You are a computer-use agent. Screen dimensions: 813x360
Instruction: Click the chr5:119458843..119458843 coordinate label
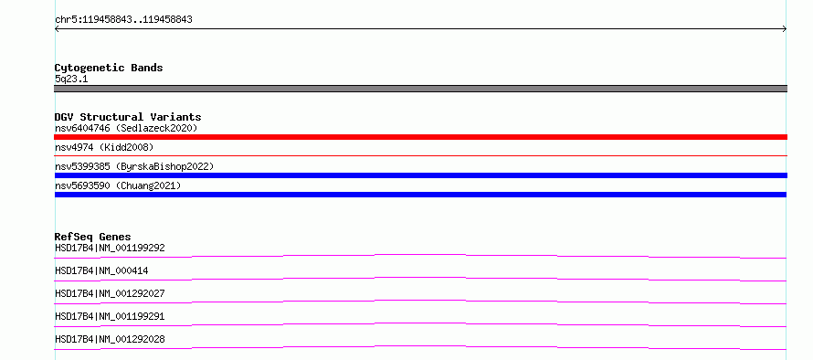pyautogui.click(x=123, y=20)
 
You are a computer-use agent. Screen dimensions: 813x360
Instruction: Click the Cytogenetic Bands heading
pyautogui.click(x=109, y=68)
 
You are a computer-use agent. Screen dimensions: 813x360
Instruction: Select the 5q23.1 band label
pyautogui.click(x=71, y=79)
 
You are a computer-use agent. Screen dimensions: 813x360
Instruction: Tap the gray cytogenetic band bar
pyautogui.click(x=420, y=89)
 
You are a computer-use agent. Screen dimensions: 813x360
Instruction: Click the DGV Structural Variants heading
pyautogui.click(x=128, y=117)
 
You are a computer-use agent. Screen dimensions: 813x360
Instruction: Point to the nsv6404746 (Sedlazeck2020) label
pyautogui.click(x=126, y=128)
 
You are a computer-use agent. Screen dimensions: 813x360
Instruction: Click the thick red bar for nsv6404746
pyautogui.click(x=420, y=137)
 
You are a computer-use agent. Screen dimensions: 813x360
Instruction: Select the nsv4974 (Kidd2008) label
pyautogui.click(x=104, y=147)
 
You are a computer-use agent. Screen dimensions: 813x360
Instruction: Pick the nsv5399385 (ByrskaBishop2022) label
pyautogui.click(x=134, y=166)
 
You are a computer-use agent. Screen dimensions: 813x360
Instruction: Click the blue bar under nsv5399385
pyautogui.click(x=420, y=175)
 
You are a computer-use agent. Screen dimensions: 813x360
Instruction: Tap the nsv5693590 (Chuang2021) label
pyautogui.click(x=118, y=185)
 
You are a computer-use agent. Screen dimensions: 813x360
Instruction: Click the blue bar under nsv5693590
pyautogui.click(x=420, y=195)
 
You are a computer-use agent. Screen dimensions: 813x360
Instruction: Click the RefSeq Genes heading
pyautogui.click(x=93, y=237)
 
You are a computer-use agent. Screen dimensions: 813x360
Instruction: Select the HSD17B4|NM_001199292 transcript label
pyautogui.click(x=110, y=248)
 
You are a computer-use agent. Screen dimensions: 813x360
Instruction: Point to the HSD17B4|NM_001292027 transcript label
pyautogui.click(x=110, y=293)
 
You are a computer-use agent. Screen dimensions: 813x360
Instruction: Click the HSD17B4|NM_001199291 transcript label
pyautogui.click(x=110, y=316)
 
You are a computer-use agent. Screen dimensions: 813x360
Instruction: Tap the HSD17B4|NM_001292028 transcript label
pyautogui.click(x=110, y=339)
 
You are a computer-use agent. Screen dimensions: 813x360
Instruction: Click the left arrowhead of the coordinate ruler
pyautogui.click(x=56, y=29)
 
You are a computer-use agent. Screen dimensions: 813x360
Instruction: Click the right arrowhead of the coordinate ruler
pyautogui.click(x=786, y=29)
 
